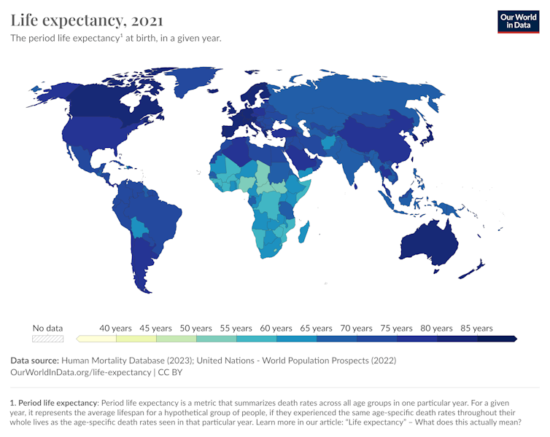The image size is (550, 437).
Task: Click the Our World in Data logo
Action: [x=519, y=21]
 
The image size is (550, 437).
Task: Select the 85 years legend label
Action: [x=477, y=328]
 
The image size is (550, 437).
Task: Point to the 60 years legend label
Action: [x=276, y=328]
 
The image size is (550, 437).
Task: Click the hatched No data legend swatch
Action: [x=48, y=339]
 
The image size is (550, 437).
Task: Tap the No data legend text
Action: [x=48, y=328]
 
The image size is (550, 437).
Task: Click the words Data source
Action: [x=34, y=361]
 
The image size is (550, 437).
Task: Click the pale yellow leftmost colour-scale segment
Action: [x=97, y=339]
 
